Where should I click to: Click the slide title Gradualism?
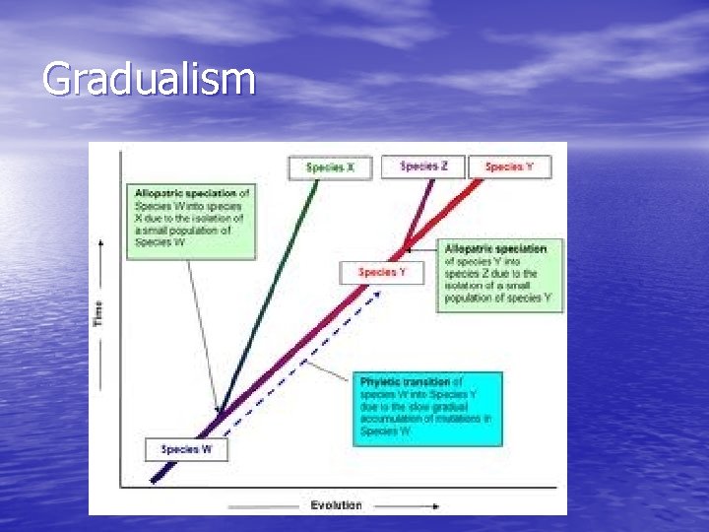149,79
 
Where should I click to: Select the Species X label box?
329,167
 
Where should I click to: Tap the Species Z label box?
424,166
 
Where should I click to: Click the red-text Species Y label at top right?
510,166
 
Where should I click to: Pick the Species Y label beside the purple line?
382,272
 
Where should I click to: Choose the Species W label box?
186,449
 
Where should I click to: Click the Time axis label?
98,314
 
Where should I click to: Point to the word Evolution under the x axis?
336,505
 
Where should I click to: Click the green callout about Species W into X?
190,219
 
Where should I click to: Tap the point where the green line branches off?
222,413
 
